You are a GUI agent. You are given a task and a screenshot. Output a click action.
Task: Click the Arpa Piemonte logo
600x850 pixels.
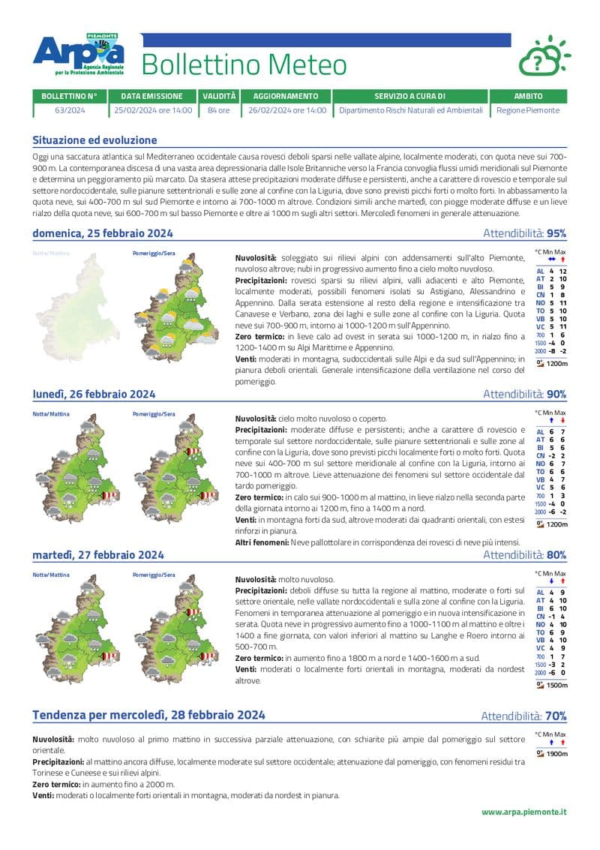coord(78,56)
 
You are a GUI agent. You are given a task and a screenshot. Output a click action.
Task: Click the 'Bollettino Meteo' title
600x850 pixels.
coord(244,65)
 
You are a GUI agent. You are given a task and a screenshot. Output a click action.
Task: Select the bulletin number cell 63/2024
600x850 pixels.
coord(70,110)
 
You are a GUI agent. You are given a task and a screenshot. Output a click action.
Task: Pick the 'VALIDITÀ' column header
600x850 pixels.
coord(219,96)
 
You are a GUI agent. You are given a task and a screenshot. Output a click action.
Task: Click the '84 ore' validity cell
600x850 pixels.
coord(219,110)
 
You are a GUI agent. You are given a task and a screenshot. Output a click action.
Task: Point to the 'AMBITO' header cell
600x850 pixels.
coord(529,96)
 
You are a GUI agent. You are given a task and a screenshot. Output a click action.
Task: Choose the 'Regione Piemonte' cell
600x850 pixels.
coord(529,110)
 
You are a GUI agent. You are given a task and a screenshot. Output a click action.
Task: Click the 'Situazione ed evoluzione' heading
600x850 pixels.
coord(94,140)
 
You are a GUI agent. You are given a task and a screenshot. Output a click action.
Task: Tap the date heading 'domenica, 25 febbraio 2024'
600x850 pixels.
coord(103,233)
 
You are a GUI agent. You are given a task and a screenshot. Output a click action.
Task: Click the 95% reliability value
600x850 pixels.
coord(556,233)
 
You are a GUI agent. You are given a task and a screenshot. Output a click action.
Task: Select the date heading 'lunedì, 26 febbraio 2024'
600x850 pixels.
coord(94,394)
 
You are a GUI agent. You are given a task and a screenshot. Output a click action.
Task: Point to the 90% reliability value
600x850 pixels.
coord(556,394)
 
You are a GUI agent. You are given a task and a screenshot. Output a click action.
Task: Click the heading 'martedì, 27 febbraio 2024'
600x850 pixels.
coord(98,555)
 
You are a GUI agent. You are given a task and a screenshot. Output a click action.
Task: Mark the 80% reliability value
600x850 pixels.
coord(556,555)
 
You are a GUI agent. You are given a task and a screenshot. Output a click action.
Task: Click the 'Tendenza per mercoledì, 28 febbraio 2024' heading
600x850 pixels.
coord(148,715)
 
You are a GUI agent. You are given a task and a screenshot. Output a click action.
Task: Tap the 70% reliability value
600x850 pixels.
coord(556,716)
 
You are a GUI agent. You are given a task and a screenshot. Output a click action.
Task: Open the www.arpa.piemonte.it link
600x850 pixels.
coord(523,812)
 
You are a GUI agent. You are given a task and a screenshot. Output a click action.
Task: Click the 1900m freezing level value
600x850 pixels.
coord(556,754)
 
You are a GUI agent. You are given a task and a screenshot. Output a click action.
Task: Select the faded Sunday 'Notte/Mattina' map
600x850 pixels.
coord(75,300)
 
